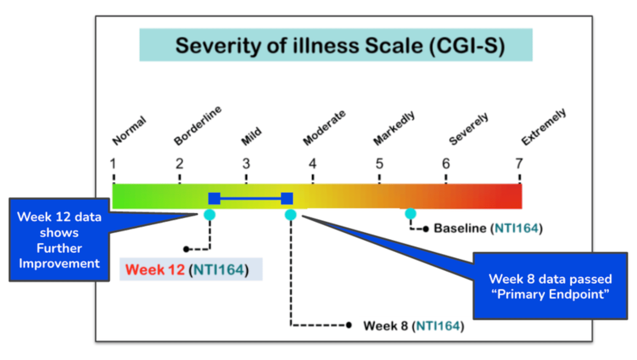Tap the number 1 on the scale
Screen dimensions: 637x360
click(113, 164)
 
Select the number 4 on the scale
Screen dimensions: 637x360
click(313, 164)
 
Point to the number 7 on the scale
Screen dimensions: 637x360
click(519, 164)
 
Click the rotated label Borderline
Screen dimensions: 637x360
click(198, 126)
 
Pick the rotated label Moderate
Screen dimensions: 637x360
click(324, 127)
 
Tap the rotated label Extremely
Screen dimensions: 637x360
click(543, 127)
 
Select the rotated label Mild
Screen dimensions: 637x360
click(251, 136)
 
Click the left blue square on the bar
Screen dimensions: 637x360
click(214, 199)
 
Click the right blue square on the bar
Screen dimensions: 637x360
click(287, 199)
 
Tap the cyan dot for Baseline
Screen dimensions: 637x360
click(410, 213)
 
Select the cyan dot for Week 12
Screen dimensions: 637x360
click(209, 215)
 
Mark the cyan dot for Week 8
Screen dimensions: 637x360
click(290, 215)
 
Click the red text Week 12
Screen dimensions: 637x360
click(155, 269)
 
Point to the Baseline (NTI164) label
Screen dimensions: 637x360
click(488, 228)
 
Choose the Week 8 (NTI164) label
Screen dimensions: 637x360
click(414, 326)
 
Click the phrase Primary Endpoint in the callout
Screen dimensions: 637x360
click(550, 294)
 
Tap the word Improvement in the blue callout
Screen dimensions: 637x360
click(59, 263)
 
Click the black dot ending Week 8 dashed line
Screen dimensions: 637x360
click(349, 325)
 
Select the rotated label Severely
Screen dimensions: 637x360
click(468, 129)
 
